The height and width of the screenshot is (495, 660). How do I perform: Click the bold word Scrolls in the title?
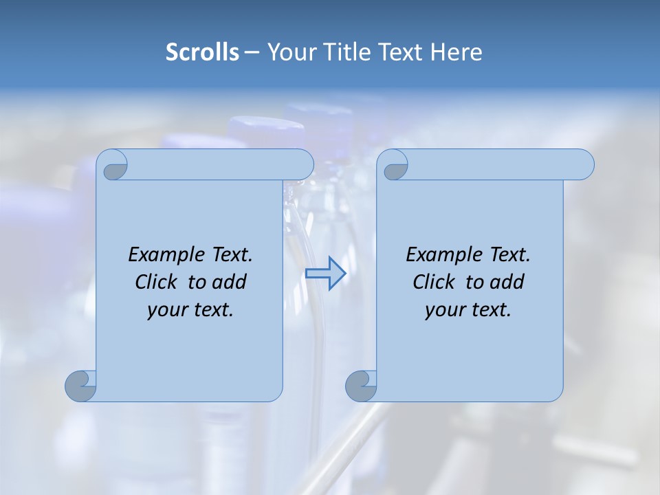pos(202,52)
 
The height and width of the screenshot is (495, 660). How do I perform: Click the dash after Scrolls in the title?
pos(252,53)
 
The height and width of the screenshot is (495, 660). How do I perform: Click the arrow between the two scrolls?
pos(325,274)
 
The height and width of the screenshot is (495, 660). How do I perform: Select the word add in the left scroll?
pos(230,282)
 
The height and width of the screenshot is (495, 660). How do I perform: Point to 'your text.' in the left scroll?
pos(190,309)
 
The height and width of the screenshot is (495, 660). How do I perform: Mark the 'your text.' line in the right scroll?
pos(468,309)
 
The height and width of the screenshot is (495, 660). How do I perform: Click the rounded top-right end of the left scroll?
pos(302,164)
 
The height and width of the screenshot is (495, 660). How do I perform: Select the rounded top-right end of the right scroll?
pos(583,164)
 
